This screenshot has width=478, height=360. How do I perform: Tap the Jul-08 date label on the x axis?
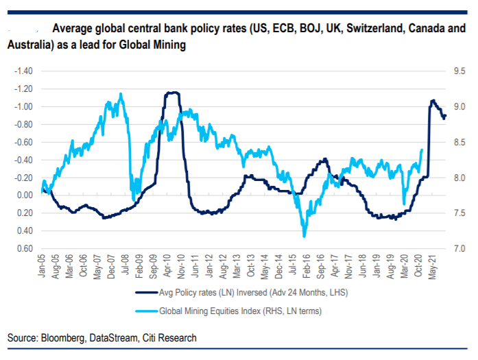126,265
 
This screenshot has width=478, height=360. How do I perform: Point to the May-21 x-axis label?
433,265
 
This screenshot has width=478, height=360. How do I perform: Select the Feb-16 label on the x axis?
305,265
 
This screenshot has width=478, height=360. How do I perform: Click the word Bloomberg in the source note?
64,338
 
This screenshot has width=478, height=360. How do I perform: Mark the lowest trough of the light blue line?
304,237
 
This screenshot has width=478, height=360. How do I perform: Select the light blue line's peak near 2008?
121,94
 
